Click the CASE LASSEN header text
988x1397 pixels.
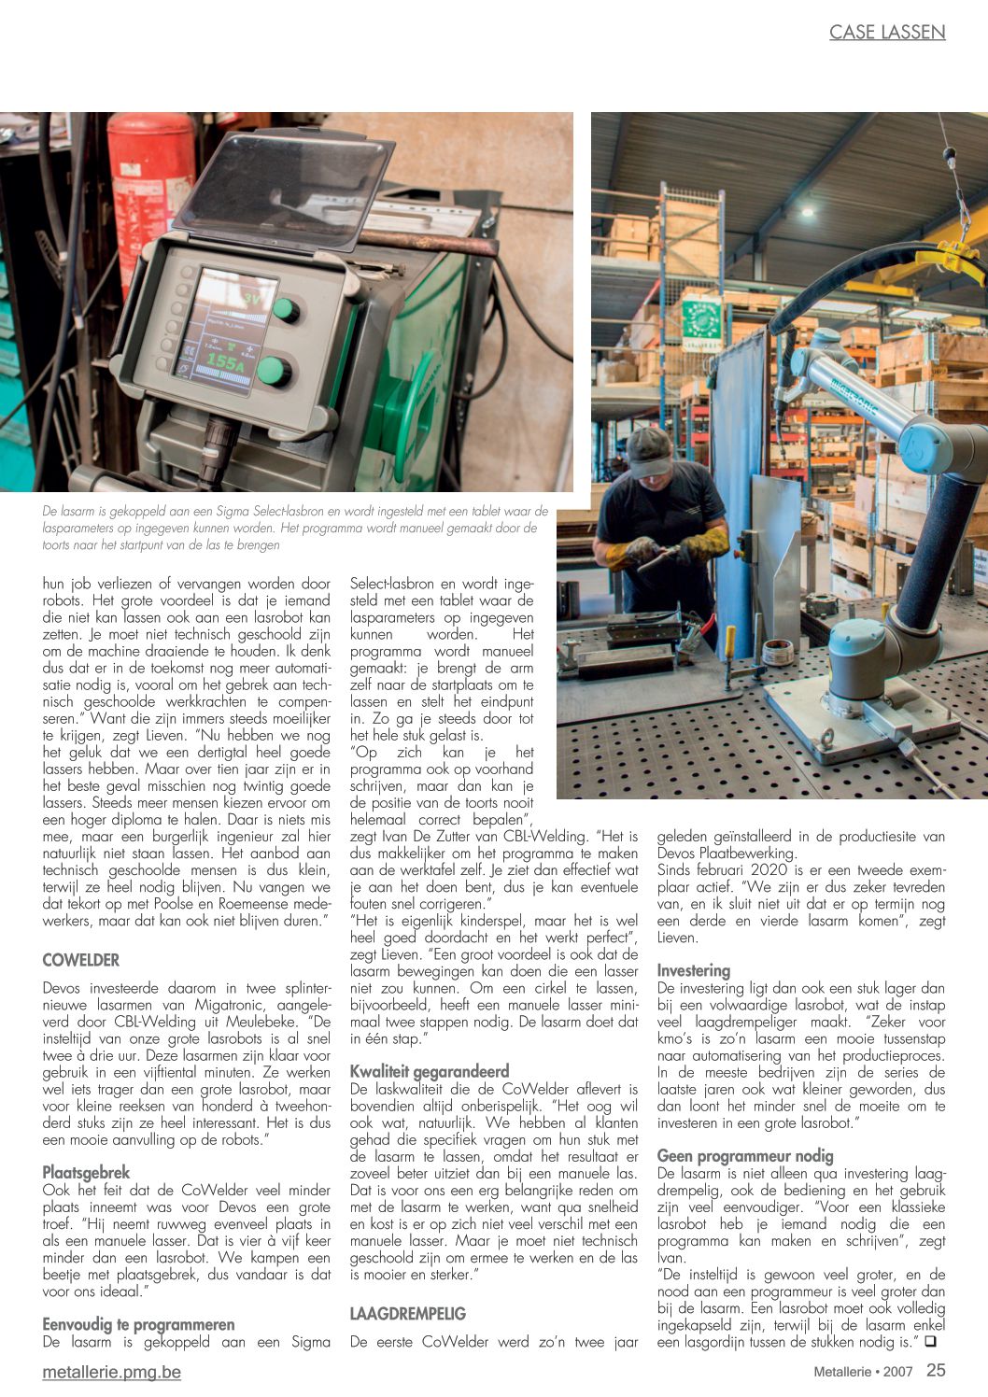(x=887, y=33)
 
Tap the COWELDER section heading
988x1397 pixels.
(x=81, y=960)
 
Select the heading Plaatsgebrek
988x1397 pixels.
(x=86, y=1172)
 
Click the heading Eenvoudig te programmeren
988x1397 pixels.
(x=138, y=1324)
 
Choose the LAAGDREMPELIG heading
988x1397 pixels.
(x=407, y=1314)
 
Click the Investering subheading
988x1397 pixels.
(x=694, y=970)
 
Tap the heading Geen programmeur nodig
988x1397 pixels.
(x=745, y=1155)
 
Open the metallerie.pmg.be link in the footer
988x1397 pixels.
(x=111, y=1372)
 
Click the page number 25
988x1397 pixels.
(x=936, y=1370)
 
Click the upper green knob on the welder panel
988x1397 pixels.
(x=286, y=310)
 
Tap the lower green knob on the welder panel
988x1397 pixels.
(x=274, y=371)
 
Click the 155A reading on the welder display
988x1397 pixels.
(x=224, y=360)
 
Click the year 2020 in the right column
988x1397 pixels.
(x=766, y=869)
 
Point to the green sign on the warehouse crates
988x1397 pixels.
(x=701, y=320)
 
